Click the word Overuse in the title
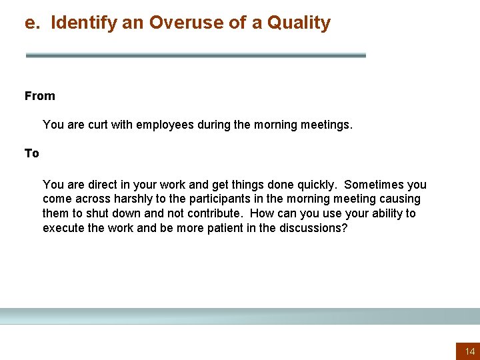[x=179, y=23]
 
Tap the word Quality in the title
[x=299, y=23]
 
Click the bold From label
[x=40, y=96]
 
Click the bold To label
[x=32, y=153]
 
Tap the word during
[x=213, y=125]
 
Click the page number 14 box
[x=469, y=351]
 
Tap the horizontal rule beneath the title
[x=195, y=55]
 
